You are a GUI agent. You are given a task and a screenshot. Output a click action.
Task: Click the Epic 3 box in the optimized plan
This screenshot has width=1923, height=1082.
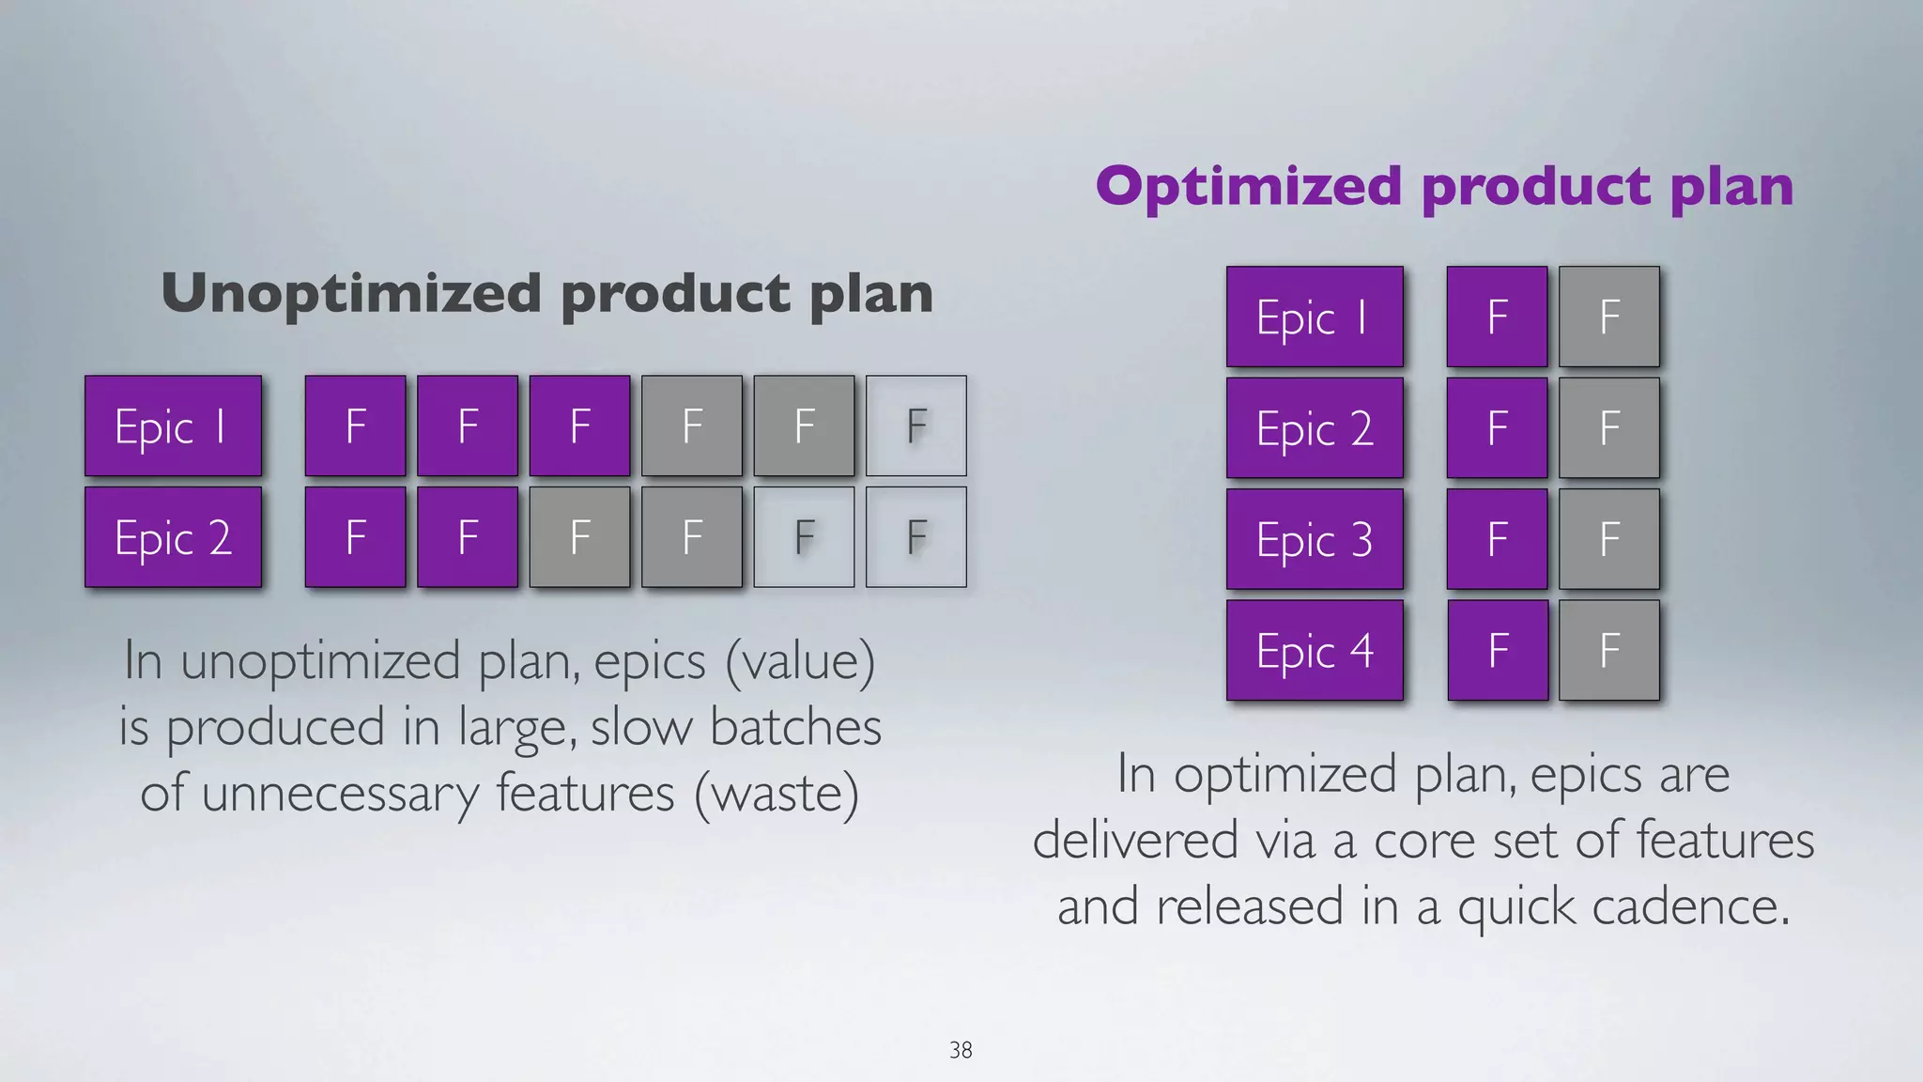(1315, 539)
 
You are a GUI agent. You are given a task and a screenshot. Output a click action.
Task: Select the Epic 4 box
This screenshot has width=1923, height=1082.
(1315, 650)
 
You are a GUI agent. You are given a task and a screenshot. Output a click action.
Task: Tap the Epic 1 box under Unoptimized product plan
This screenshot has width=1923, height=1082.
(173, 426)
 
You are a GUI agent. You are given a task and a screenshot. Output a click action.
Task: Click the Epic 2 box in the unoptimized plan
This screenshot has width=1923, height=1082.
(173, 537)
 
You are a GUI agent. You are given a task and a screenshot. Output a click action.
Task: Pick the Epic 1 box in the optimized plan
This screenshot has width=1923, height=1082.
(1315, 317)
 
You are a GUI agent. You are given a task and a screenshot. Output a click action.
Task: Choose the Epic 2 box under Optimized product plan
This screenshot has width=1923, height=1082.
(1315, 428)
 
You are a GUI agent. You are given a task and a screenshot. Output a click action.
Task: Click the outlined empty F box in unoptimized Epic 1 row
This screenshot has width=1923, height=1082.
(915, 426)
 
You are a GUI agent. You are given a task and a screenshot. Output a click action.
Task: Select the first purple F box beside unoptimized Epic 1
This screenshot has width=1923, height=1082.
(355, 426)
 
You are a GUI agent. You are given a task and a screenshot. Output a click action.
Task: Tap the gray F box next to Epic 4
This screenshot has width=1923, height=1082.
(1608, 650)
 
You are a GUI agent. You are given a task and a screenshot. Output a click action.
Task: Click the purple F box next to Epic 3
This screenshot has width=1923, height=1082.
(1497, 539)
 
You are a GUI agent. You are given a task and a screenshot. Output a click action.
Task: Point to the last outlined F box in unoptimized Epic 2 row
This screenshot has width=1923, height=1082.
(915, 537)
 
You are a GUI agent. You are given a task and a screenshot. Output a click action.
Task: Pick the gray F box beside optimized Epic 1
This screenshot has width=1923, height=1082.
(1608, 317)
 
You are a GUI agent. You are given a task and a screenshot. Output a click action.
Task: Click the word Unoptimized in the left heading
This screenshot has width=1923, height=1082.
(351, 294)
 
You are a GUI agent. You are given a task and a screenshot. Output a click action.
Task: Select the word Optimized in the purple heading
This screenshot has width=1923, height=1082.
(1249, 186)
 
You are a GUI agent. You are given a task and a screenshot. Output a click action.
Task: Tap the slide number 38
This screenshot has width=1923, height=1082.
(961, 1050)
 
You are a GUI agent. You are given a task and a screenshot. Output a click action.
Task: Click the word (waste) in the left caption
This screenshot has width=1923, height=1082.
(777, 794)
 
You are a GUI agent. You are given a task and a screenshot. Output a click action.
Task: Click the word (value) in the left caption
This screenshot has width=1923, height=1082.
(800, 661)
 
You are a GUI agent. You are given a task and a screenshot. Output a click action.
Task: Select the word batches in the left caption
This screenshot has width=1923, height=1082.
(795, 728)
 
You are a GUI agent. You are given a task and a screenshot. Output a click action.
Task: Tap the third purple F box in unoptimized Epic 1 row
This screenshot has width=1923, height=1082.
(579, 426)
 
